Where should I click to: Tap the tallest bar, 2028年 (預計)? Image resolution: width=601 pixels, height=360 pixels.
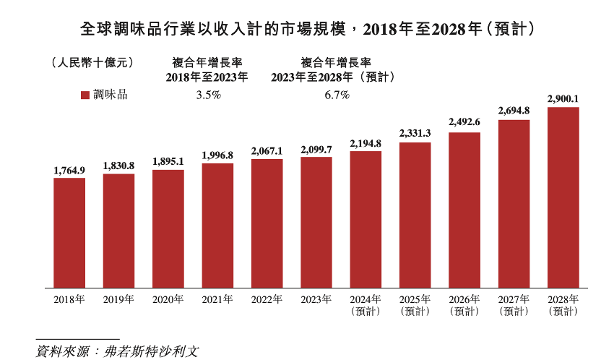tap(563, 196)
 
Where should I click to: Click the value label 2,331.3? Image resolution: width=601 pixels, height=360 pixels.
tap(415, 133)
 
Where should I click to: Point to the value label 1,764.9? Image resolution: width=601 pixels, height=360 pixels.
tap(69, 170)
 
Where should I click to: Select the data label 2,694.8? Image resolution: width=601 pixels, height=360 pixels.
tap(514, 111)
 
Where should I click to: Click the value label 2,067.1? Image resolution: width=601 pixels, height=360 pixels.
tap(267, 150)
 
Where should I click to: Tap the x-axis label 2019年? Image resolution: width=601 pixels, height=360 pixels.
tap(118, 299)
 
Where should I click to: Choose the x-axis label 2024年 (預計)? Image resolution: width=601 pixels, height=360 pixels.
tap(366, 305)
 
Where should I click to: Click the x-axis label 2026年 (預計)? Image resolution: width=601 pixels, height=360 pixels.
tap(464, 305)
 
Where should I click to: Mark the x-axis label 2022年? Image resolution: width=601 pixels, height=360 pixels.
tap(267, 299)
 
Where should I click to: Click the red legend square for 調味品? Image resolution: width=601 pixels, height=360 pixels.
tap(84, 95)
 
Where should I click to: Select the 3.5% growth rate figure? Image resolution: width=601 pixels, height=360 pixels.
tap(208, 95)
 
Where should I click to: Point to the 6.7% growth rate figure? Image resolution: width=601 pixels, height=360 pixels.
tap(335, 95)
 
